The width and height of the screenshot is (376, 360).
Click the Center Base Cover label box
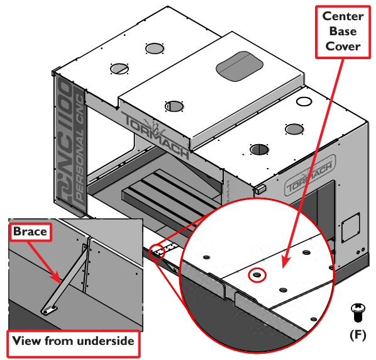pyautogui.click(x=343, y=32)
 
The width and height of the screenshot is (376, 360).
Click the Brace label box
pyautogui.click(x=30, y=232)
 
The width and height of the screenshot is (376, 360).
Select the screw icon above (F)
pyautogui.click(x=358, y=312)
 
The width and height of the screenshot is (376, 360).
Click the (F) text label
pyautogui.click(x=358, y=335)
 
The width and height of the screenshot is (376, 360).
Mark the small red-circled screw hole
pyautogui.click(x=257, y=275)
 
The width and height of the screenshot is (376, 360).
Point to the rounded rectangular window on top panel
pyautogui.click(x=240, y=66)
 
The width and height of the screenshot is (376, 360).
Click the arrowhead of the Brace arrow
pyautogui.click(x=58, y=278)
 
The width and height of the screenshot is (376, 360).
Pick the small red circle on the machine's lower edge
pyautogui.click(x=157, y=252)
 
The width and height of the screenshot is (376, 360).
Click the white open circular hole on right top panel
pyautogui.click(x=304, y=101)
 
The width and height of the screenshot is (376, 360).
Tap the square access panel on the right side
pyautogui.click(x=351, y=227)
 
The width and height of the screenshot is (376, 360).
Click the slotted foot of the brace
pyautogui.click(x=49, y=310)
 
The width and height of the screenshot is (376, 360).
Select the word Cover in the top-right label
pyautogui.click(x=343, y=47)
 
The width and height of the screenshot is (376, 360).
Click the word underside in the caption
pyautogui.click(x=104, y=340)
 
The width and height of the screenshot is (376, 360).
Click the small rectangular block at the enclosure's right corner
pyautogui.click(x=261, y=189)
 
